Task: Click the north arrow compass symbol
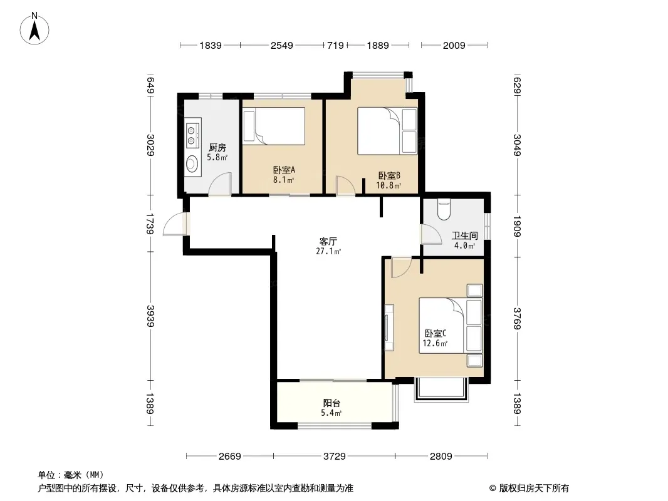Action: [34, 29]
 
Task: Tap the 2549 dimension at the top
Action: [281, 45]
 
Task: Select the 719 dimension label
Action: [335, 45]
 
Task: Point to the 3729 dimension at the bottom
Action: [334, 457]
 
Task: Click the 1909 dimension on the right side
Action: [517, 226]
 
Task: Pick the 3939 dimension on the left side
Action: [150, 316]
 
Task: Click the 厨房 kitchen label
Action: [217, 148]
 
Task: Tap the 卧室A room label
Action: [284, 170]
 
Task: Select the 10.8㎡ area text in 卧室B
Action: [389, 185]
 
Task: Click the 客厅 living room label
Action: [328, 241]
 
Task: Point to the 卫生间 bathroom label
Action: [465, 235]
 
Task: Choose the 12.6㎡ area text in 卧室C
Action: [435, 344]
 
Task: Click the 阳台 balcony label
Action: [331, 403]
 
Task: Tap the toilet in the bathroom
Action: [444, 209]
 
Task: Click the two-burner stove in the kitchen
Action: [192, 135]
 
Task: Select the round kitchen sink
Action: [192, 164]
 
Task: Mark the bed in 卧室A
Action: [273, 126]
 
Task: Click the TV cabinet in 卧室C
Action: [389, 328]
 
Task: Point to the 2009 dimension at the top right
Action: [454, 45]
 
